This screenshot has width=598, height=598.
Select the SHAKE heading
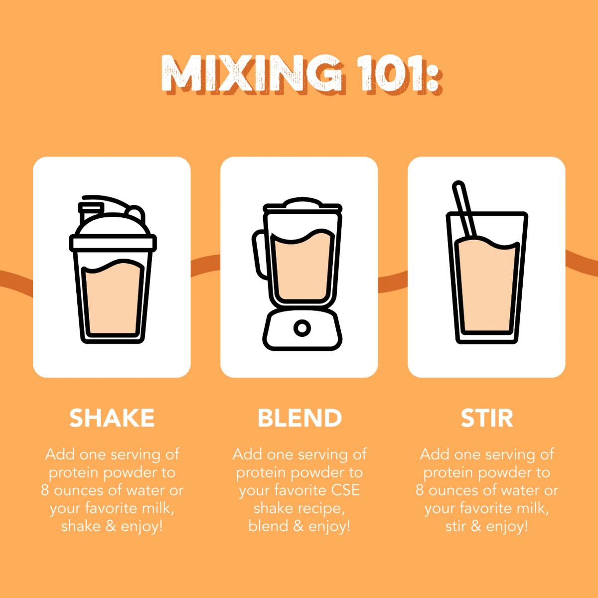pyautogui.click(x=112, y=418)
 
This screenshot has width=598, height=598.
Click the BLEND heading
pyautogui.click(x=299, y=418)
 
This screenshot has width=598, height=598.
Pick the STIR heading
pyautogui.click(x=487, y=418)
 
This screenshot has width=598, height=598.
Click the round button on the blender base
pyautogui.click(x=302, y=327)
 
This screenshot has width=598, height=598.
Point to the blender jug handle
pyautogui.click(x=259, y=254)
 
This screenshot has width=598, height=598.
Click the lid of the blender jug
pyautogui.click(x=302, y=205)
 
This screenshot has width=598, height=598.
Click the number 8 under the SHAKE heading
pyautogui.click(x=45, y=490)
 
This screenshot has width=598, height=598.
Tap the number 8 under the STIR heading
pyautogui.click(x=420, y=490)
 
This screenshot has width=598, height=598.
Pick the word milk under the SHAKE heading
pyautogui.click(x=156, y=508)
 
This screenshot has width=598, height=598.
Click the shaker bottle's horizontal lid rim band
pyautogui.click(x=113, y=243)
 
